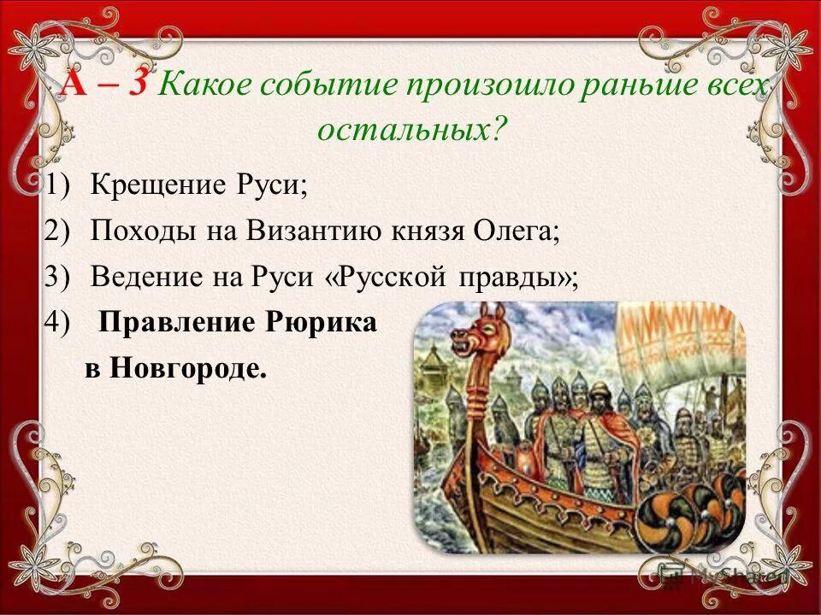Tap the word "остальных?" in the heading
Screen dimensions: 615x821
pos(411,129)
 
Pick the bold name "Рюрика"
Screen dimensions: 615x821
pos(324,323)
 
